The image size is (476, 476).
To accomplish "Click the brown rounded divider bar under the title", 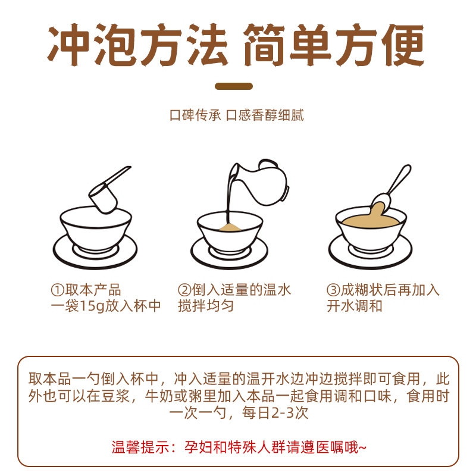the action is coord(234,86).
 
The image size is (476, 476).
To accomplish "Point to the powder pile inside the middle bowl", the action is coord(230,227).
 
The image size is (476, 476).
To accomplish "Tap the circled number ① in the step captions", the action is coord(57,290).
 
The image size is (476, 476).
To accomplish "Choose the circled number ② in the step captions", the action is coord(184,290).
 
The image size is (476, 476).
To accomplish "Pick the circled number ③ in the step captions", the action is coord(333,290).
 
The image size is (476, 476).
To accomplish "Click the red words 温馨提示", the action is coord(140,447).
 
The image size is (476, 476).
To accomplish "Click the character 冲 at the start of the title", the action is coord(69,45).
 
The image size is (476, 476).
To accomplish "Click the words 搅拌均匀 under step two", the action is coord(206,306).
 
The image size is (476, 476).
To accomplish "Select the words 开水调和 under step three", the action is coord(355,306).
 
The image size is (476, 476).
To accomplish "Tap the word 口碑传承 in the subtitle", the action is coord(196,115).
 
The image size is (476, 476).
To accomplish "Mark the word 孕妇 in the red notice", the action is coord(199,447).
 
